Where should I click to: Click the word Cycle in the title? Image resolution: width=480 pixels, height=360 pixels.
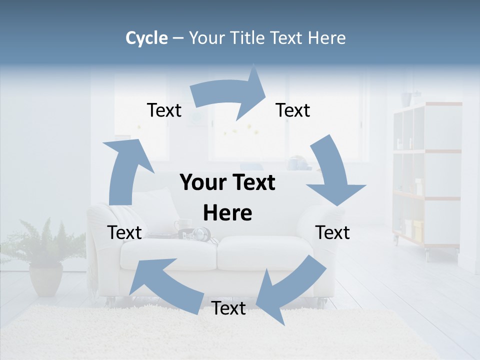(x=146, y=38)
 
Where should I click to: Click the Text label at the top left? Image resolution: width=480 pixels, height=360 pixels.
(x=164, y=110)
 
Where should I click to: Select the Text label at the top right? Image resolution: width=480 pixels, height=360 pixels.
(x=293, y=110)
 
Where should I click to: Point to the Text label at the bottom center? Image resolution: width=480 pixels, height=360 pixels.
(x=228, y=308)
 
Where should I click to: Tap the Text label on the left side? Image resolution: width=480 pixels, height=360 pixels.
(x=124, y=232)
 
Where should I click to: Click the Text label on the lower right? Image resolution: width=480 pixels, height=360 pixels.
(x=332, y=232)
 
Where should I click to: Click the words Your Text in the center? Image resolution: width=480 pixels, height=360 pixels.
(x=227, y=182)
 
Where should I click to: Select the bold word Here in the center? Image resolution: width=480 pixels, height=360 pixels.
(x=227, y=213)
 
